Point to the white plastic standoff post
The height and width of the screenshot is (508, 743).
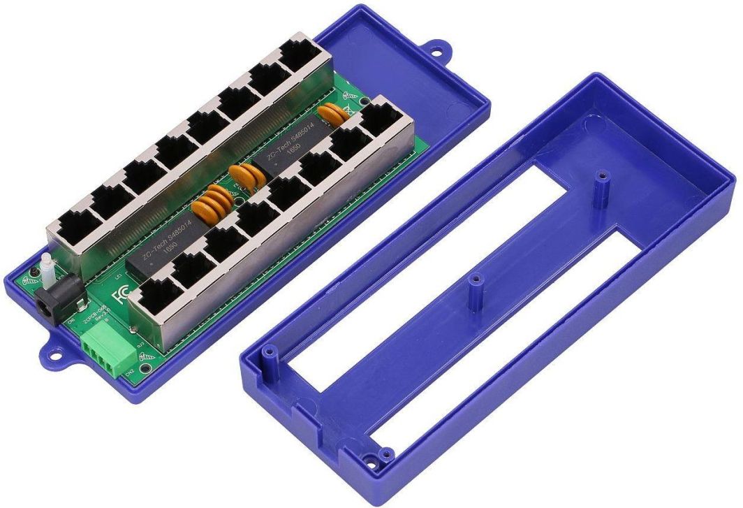(47, 270)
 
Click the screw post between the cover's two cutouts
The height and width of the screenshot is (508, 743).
(476, 282)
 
